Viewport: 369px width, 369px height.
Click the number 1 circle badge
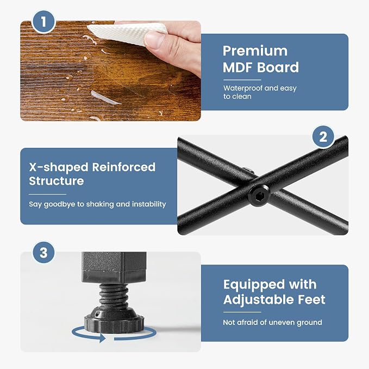[43, 22]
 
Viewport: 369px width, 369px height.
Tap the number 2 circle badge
[323, 137]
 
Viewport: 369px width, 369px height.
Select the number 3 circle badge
[44, 253]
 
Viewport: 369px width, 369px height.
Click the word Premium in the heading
[255, 51]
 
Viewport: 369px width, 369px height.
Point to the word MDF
[238, 67]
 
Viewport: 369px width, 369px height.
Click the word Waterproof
[242, 88]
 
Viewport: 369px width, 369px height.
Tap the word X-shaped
[58, 167]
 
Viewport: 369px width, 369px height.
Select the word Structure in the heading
[56, 181]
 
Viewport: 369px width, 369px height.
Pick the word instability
[149, 204]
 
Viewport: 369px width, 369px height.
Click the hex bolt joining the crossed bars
[258, 196]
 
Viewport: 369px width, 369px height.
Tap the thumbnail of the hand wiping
[111, 71]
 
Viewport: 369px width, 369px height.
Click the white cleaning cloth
[128, 33]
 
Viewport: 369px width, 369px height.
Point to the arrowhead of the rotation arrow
[102, 338]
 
